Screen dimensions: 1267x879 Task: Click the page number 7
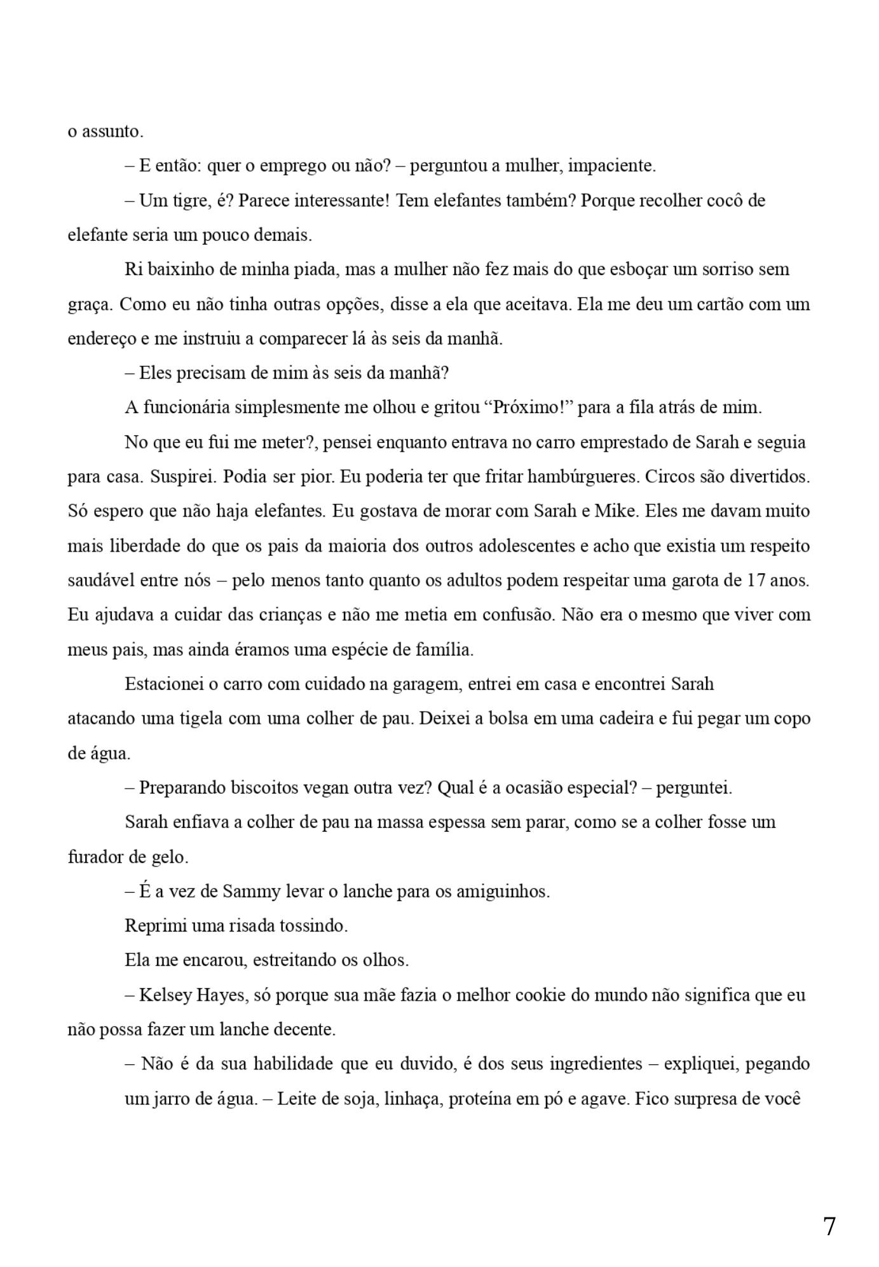click(829, 1226)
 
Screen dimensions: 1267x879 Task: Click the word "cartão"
click(721, 304)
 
